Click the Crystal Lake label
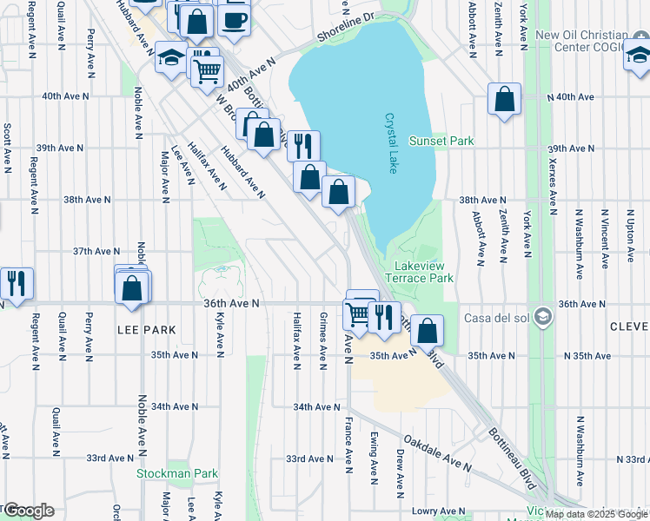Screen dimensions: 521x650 [391, 144]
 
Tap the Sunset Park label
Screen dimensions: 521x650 [454, 141]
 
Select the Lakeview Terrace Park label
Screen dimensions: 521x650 [418, 272]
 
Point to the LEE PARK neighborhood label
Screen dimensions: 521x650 [147, 330]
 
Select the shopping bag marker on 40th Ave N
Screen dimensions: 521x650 [504, 100]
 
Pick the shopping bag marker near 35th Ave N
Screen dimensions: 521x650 [428, 330]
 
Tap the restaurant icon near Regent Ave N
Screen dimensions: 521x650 [17, 283]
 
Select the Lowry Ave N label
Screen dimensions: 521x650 [434, 511]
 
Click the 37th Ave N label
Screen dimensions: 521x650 [95, 251]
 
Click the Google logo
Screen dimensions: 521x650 [29, 511]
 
